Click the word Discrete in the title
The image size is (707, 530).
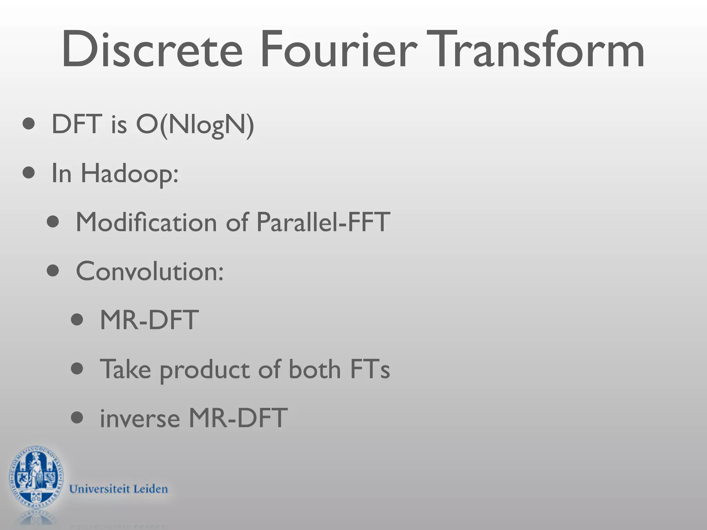tap(152, 50)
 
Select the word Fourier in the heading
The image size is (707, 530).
tap(338, 50)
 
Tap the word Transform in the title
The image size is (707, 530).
tap(535, 50)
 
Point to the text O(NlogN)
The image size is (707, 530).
tap(195, 125)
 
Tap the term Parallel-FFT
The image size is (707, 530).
tap(323, 222)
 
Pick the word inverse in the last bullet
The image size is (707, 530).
tap(140, 418)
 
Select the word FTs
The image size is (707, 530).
tap(370, 369)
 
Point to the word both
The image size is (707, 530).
tap(314, 369)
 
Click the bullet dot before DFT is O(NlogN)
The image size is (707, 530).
tap(29, 124)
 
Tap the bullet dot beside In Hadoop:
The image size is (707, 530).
tap(29, 173)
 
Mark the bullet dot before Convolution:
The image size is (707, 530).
tap(53, 271)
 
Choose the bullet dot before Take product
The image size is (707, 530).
tap(77, 369)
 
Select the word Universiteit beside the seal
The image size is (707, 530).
tap(99, 489)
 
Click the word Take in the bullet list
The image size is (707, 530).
tap(125, 369)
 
